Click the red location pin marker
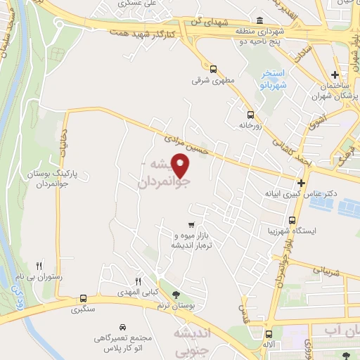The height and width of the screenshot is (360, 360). (181, 165)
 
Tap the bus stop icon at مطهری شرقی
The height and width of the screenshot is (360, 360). (214, 69)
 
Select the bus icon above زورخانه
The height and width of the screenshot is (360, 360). (250, 114)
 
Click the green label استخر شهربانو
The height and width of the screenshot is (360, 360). (272, 78)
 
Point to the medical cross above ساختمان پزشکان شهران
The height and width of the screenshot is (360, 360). (336, 75)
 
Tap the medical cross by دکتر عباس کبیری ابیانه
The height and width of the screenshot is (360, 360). (300, 182)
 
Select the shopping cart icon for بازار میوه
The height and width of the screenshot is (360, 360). (191, 225)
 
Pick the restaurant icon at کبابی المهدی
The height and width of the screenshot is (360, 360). (139, 280)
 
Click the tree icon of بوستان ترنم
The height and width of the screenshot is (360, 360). (175, 296)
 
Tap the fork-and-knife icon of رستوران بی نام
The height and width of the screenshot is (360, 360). (39, 266)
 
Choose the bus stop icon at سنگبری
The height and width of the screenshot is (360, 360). (83, 298)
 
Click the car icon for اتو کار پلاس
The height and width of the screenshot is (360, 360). (122, 328)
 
